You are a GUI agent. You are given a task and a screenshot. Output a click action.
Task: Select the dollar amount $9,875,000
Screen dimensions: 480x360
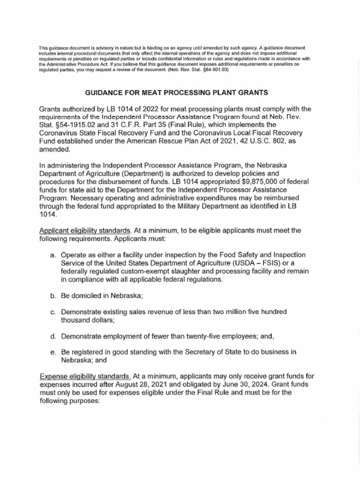coord(257,181)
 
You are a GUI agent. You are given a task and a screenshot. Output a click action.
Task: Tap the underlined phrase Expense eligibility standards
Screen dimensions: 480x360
coord(85,376)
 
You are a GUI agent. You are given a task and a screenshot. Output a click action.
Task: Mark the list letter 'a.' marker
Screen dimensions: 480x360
coord(53,255)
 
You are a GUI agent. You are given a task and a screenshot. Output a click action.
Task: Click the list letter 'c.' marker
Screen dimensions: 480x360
coord(53,312)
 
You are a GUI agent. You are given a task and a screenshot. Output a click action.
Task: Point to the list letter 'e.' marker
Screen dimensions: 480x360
coord(53,352)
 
